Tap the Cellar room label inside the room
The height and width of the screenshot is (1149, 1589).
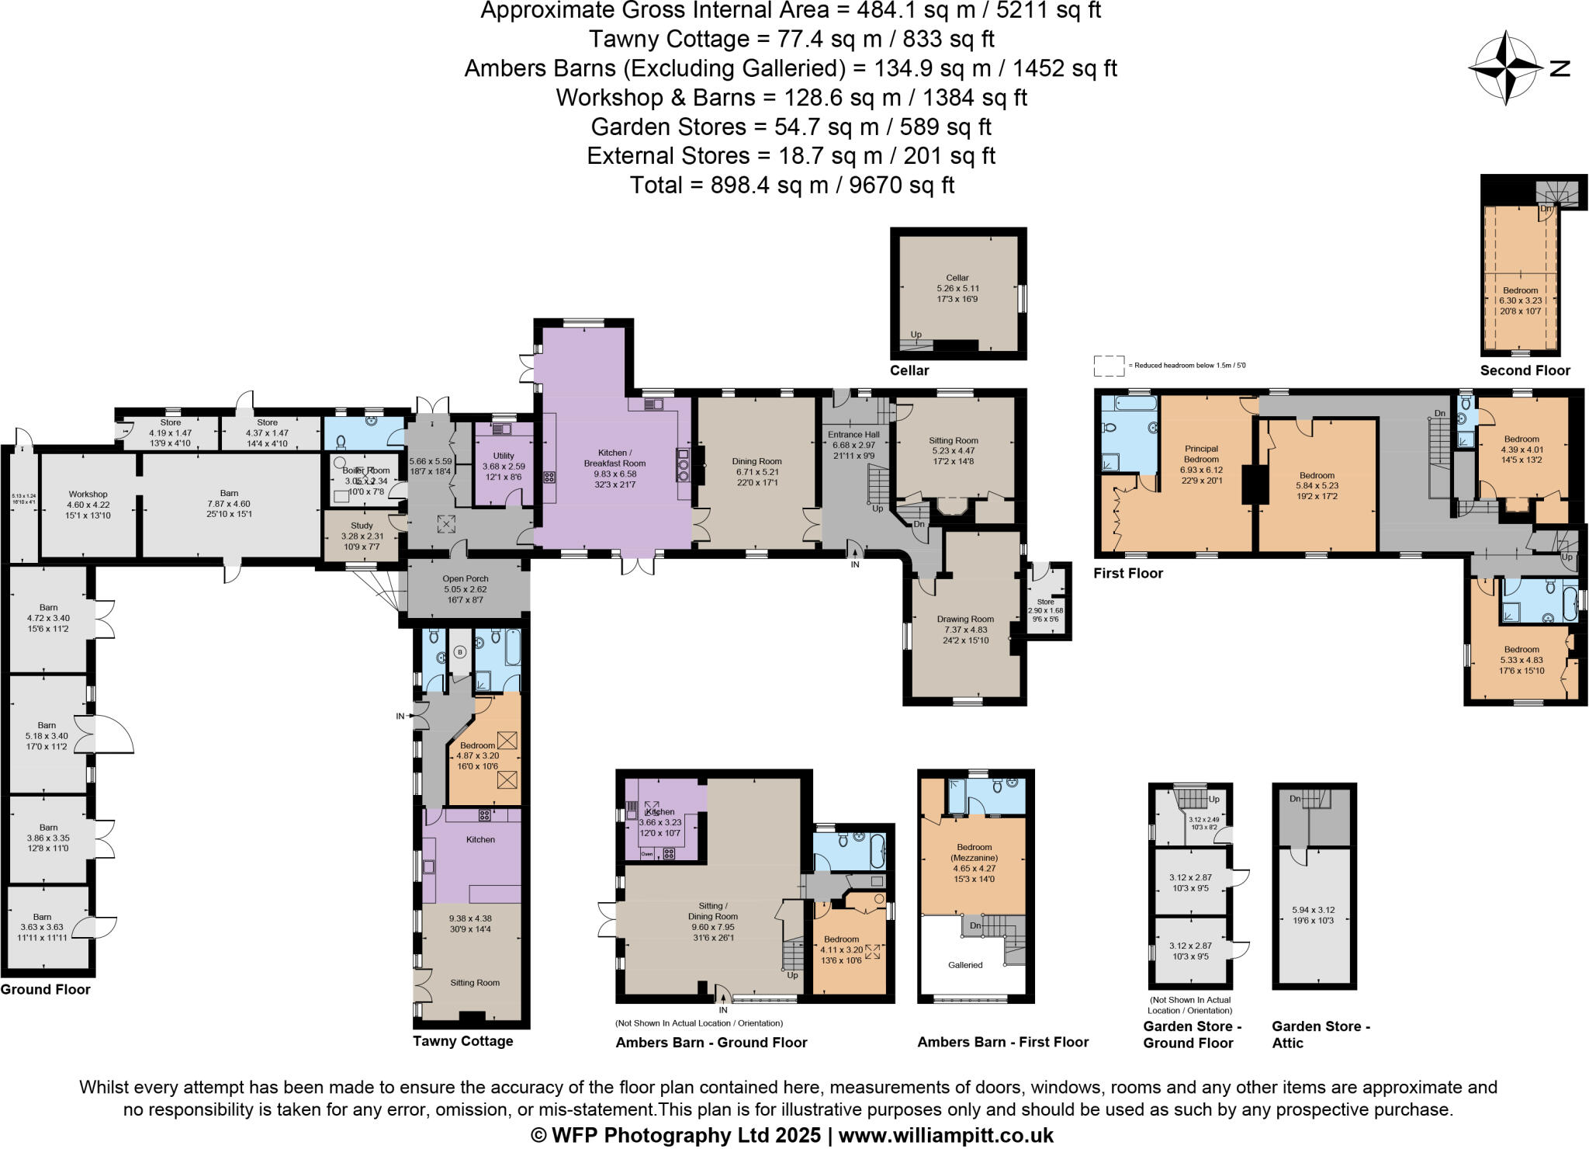tap(957, 278)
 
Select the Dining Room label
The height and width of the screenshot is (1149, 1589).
tap(756, 462)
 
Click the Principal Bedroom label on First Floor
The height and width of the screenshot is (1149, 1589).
tap(1201, 453)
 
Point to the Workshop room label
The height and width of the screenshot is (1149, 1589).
tap(88, 495)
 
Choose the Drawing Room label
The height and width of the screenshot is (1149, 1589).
tap(965, 620)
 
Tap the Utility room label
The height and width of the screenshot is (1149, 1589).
tap(504, 456)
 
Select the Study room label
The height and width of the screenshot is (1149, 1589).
tap(362, 526)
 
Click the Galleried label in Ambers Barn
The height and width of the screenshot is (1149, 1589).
tap(965, 965)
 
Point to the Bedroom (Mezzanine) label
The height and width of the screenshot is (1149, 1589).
tap(974, 852)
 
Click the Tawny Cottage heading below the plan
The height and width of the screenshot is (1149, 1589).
tap(462, 1041)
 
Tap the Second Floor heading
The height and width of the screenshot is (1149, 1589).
tap(1525, 370)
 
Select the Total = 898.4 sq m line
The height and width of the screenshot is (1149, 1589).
tap(791, 186)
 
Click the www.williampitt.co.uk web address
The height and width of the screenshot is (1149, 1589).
tap(946, 1135)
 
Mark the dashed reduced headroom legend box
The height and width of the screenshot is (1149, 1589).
tap(1109, 366)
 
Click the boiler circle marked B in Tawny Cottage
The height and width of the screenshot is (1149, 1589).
tap(459, 652)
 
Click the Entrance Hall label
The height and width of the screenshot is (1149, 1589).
tap(853, 435)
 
